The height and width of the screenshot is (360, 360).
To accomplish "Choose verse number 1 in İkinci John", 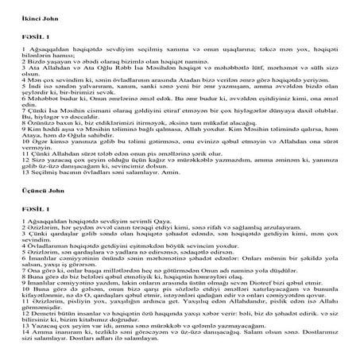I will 4,47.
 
